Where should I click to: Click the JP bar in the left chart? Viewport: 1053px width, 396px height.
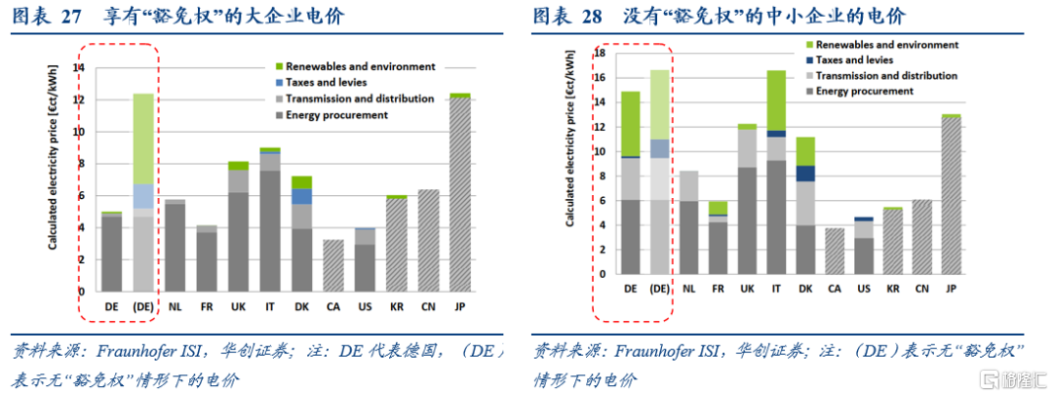click(x=459, y=195)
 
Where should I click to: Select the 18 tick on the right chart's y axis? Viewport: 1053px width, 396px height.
click(x=600, y=53)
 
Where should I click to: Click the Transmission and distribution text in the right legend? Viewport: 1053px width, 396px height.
click(x=886, y=75)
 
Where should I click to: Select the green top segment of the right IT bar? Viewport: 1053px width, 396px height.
click(x=776, y=99)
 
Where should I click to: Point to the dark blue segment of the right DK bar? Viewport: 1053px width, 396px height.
click(x=804, y=173)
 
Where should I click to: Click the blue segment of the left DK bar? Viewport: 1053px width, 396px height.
click(x=302, y=196)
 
